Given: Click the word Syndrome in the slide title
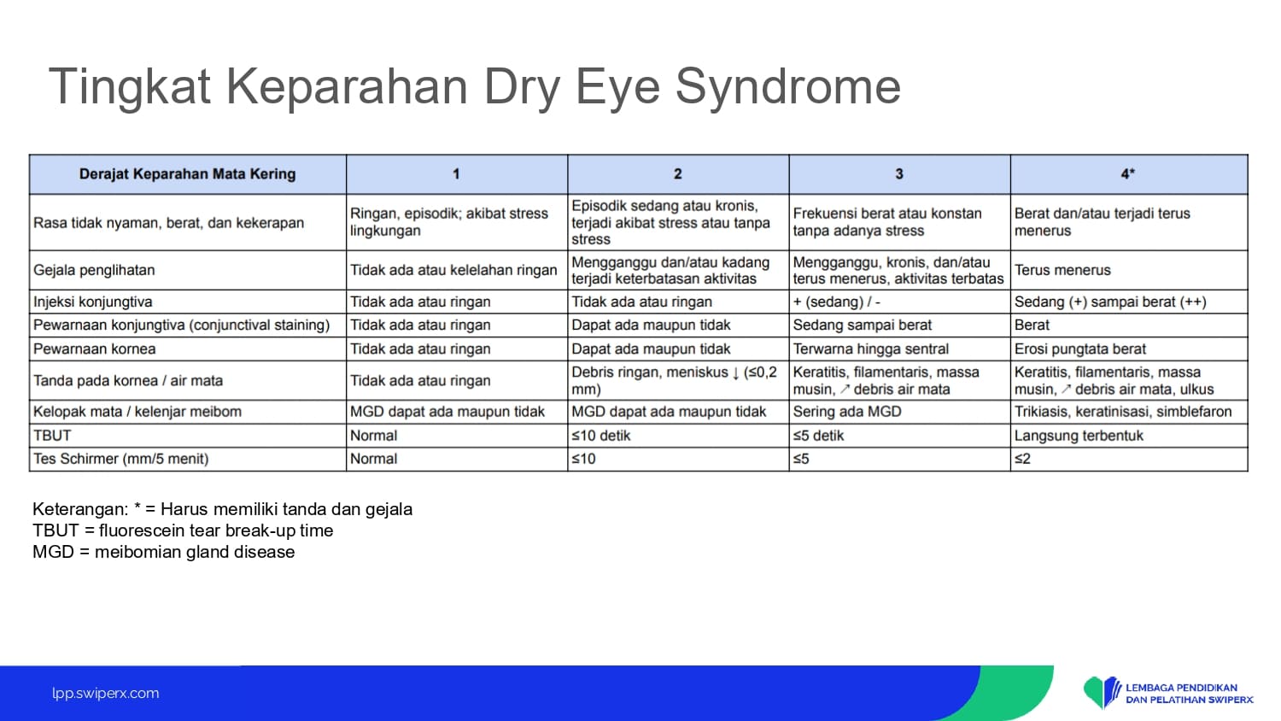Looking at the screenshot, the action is [788, 87].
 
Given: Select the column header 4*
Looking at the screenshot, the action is [1128, 173].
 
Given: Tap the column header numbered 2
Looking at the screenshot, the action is [678, 173].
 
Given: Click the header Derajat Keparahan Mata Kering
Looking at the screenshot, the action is [187, 174].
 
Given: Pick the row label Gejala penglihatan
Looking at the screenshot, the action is [94, 270].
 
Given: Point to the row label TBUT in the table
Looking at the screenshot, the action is [52, 436].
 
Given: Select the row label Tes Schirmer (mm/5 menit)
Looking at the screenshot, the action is [120, 459].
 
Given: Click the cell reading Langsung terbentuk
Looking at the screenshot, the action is [1079, 436].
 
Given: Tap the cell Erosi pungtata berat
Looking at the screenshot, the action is [1079, 349].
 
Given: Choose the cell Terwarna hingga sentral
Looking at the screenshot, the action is [870, 349].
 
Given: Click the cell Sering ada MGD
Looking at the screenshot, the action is [847, 412].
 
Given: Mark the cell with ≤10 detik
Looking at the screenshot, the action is [600, 436].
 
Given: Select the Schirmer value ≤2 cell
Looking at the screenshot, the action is [1022, 459].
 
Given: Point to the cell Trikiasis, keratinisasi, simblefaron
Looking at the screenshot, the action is [1123, 412].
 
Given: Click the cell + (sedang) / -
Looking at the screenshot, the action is [836, 302].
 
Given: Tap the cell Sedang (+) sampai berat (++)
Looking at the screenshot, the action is [1110, 302].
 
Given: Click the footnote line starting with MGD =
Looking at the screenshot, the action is [164, 552].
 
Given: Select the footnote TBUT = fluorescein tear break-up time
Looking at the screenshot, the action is [183, 530].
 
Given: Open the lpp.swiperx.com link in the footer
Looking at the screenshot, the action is [105, 693].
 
